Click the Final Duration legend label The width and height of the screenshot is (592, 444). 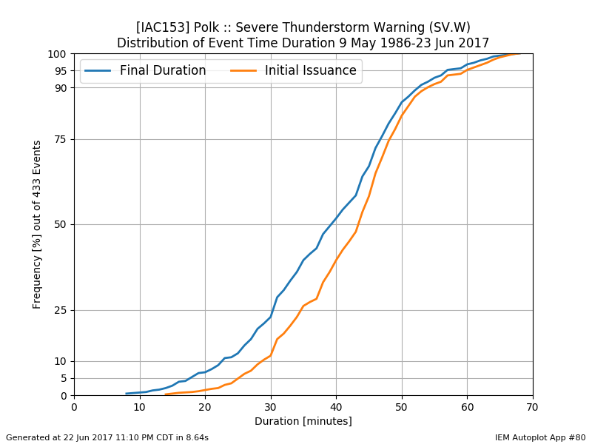click(163, 70)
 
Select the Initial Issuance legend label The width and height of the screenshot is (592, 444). click(310, 70)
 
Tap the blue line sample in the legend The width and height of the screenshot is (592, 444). click(98, 70)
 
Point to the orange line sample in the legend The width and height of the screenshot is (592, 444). click(243, 70)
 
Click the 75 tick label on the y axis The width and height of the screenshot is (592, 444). click(61, 139)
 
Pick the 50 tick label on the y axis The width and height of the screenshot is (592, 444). click(61, 225)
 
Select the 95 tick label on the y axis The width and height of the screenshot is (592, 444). click(61, 71)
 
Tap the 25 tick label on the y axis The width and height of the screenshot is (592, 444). click(61, 310)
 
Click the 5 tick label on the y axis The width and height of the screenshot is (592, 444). click(64, 378)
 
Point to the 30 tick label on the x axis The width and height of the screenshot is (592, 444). click(271, 407)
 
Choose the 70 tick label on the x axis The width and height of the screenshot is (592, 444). click(533, 407)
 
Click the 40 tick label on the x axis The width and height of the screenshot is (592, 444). click(337, 407)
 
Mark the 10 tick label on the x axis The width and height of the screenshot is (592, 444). click(140, 407)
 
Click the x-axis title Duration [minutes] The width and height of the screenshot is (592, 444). click(303, 421)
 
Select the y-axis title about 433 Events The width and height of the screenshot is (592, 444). click(36, 225)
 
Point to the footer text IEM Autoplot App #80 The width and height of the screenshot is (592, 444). click(540, 437)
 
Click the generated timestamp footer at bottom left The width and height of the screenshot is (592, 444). click(107, 437)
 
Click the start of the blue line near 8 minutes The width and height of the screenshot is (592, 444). click(127, 394)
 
